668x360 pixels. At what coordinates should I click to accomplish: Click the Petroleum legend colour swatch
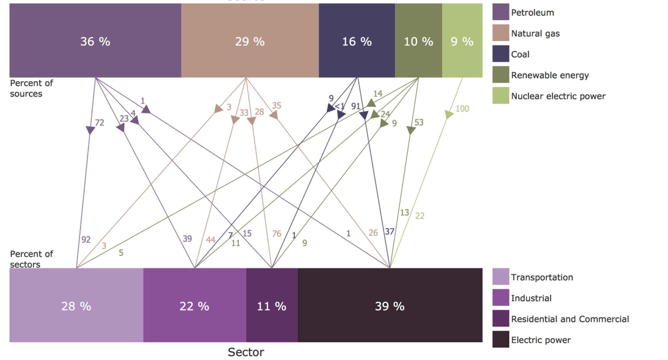coord(501,12)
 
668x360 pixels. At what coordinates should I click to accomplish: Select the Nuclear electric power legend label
coord(558,96)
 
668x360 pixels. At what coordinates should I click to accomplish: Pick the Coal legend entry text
coord(520,54)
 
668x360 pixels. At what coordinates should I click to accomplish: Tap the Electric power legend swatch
coord(501,339)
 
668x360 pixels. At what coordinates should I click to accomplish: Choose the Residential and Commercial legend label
coord(570,319)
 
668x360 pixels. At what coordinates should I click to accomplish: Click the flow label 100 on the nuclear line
coord(462,109)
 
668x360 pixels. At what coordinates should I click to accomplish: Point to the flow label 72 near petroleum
coord(99,123)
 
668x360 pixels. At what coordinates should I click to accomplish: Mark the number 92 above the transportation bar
coord(86,240)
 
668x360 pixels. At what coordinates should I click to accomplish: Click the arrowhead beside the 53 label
coord(411,130)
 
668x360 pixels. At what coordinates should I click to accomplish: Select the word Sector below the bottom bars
coord(246,352)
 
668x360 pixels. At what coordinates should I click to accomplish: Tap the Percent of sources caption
coord(31,88)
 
